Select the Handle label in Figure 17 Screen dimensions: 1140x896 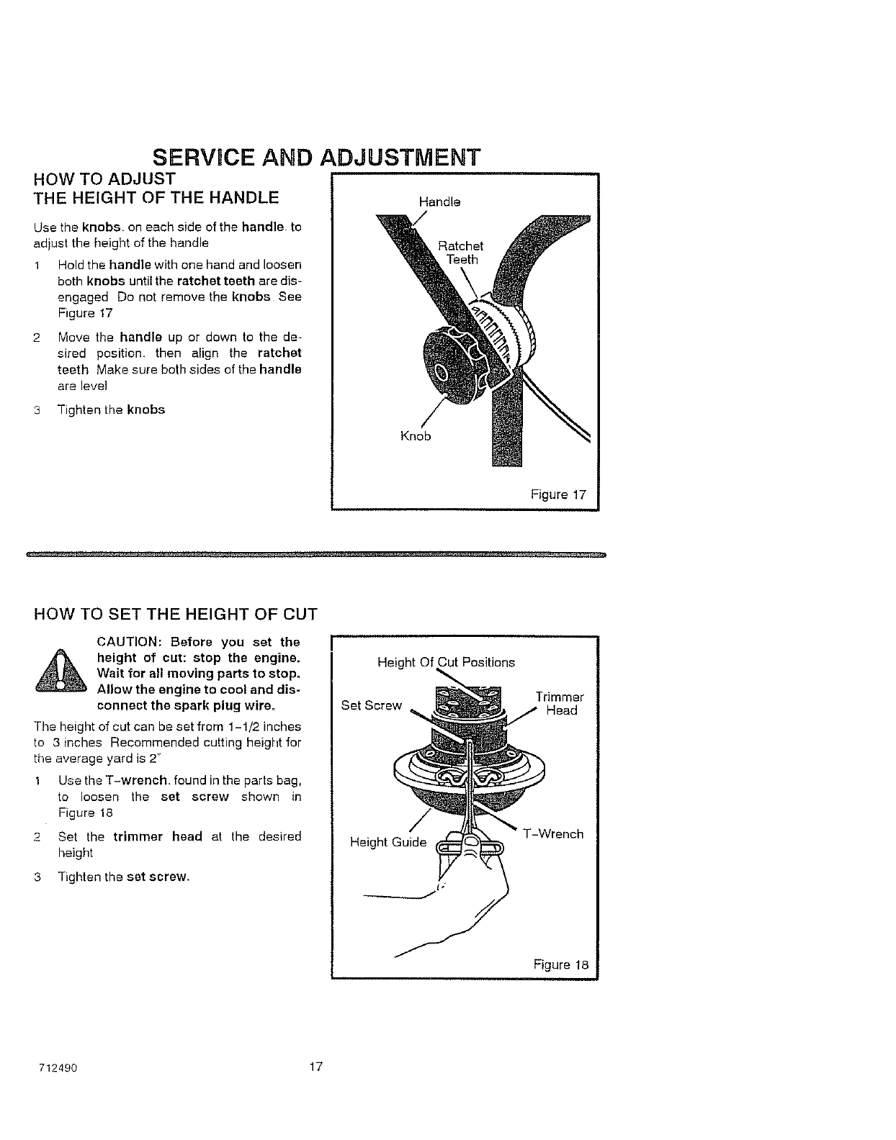pos(439,202)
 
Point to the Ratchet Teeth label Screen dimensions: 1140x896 pos(461,253)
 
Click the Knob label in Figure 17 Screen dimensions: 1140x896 pos(416,436)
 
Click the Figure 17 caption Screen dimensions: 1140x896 pos(558,495)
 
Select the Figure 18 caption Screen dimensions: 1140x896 pos(561,965)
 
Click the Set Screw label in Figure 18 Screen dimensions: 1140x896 pos(371,705)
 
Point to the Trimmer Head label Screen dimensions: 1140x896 pos(560,704)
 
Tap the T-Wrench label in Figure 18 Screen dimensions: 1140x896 pos(553,834)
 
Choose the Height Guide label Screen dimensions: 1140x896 pos(387,842)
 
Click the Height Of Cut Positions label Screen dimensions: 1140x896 pos(446,662)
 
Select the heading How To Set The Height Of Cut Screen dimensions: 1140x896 pos(176,614)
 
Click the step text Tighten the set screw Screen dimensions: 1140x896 pos(123,877)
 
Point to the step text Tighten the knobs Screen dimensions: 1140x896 pos(111,410)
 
